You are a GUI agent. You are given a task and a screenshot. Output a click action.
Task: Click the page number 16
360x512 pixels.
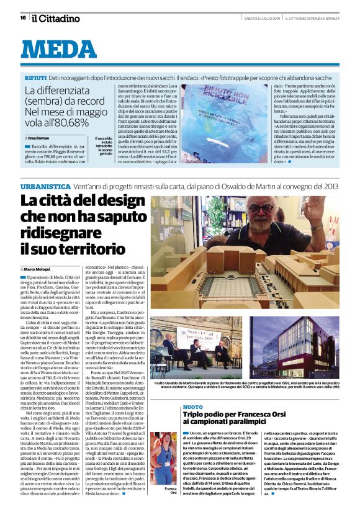pyautogui.click(x=22, y=18)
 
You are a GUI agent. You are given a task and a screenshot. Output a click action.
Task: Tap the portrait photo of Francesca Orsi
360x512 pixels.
pyautogui.click(x=164, y=458)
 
